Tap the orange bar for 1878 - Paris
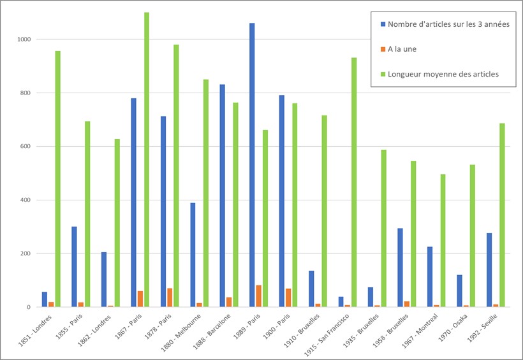coord(170,297)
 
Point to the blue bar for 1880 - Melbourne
coord(193,255)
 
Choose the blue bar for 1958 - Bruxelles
coord(400,267)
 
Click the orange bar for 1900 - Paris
coord(288,297)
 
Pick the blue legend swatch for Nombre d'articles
coord(383,24)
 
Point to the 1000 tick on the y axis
coord(25,40)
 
